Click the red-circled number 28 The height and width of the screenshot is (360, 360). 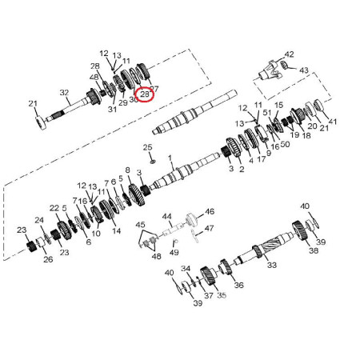point(145,94)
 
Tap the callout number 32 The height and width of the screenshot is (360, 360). point(64,93)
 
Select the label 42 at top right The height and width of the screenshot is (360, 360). point(289,55)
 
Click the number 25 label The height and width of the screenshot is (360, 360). point(147,146)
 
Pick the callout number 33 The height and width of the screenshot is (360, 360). point(271,265)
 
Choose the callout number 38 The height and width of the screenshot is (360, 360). point(313,250)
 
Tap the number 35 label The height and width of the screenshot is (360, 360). point(222,295)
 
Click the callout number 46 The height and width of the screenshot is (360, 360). point(210,212)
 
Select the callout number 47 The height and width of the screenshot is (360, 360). point(209,229)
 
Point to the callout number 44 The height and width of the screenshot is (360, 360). point(167,217)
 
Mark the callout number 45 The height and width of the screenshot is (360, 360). point(140,225)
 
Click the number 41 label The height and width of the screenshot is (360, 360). point(333,122)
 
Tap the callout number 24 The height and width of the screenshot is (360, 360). point(38,220)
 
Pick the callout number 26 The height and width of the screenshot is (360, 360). point(47,259)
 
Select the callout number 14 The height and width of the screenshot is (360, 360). point(116,232)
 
